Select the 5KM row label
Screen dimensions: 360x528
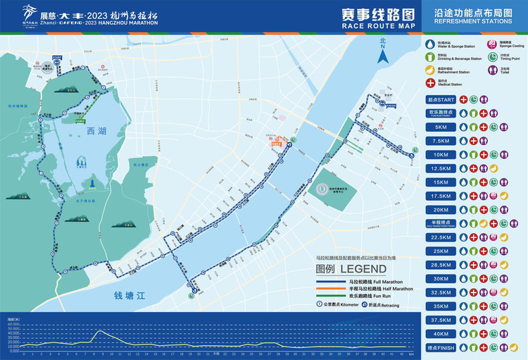(x=441, y=128)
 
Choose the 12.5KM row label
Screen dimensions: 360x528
(x=441, y=168)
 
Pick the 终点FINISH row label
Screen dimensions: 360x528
(x=441, y=347)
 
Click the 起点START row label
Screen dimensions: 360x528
(x=441, y=100)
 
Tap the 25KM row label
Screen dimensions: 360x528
(x=441, y=251)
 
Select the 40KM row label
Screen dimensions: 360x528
(x=441, y=333)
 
